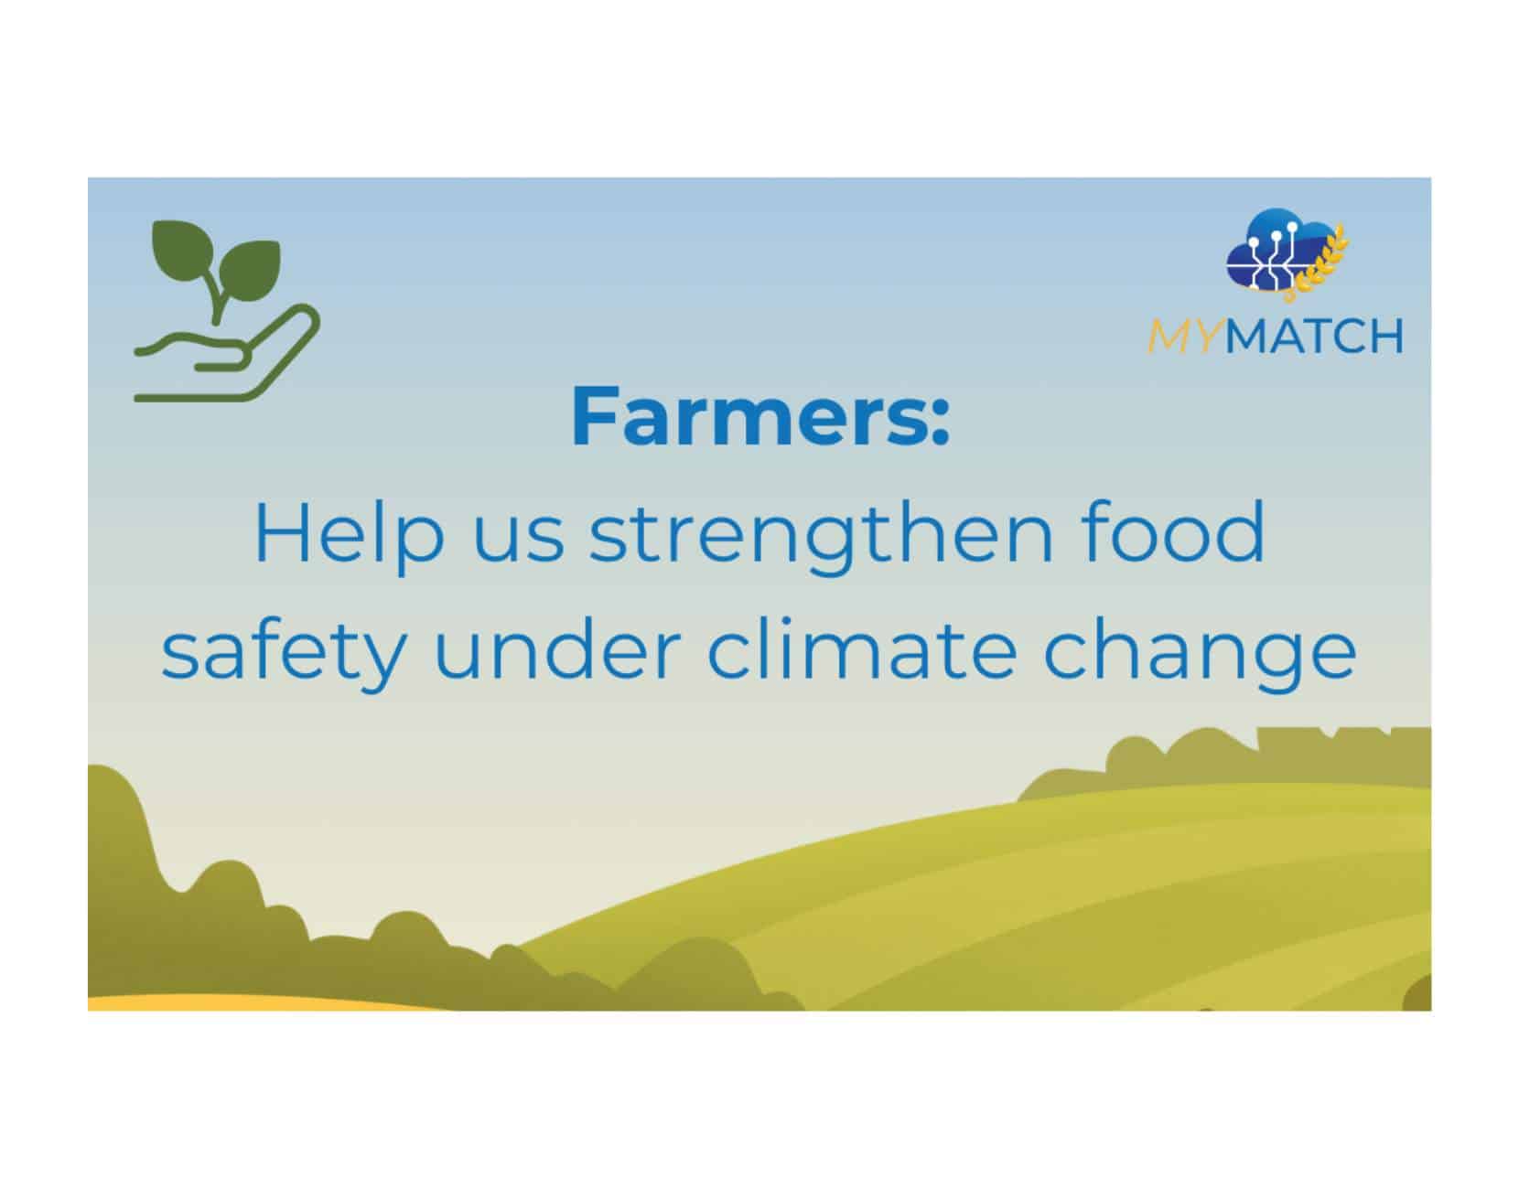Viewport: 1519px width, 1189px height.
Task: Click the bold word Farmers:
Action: point(759,417)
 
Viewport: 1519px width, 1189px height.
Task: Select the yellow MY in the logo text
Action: point(1184,337)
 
